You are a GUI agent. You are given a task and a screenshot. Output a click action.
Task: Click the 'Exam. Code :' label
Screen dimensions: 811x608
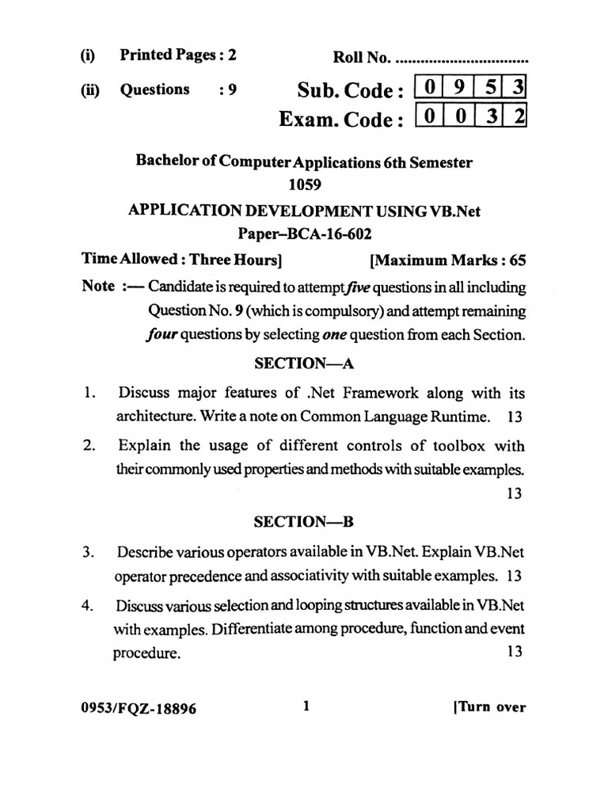[336, 120]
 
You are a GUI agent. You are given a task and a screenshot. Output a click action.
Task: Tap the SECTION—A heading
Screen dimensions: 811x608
[304, 364]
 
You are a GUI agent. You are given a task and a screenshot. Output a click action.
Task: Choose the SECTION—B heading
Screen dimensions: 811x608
[304, 522]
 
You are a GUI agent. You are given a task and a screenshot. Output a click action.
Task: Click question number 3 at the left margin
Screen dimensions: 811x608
[89, 551]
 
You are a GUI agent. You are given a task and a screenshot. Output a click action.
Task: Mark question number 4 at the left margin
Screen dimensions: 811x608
[89, 606]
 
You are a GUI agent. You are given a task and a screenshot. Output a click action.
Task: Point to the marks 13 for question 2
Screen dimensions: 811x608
[514, 493]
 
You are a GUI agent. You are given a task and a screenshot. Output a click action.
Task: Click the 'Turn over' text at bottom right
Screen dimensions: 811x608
[488, 708]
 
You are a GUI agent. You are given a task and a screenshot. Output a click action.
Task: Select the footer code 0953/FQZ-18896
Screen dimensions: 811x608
[139, 709]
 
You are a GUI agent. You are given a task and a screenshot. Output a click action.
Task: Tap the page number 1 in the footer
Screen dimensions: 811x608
[306, 706]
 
